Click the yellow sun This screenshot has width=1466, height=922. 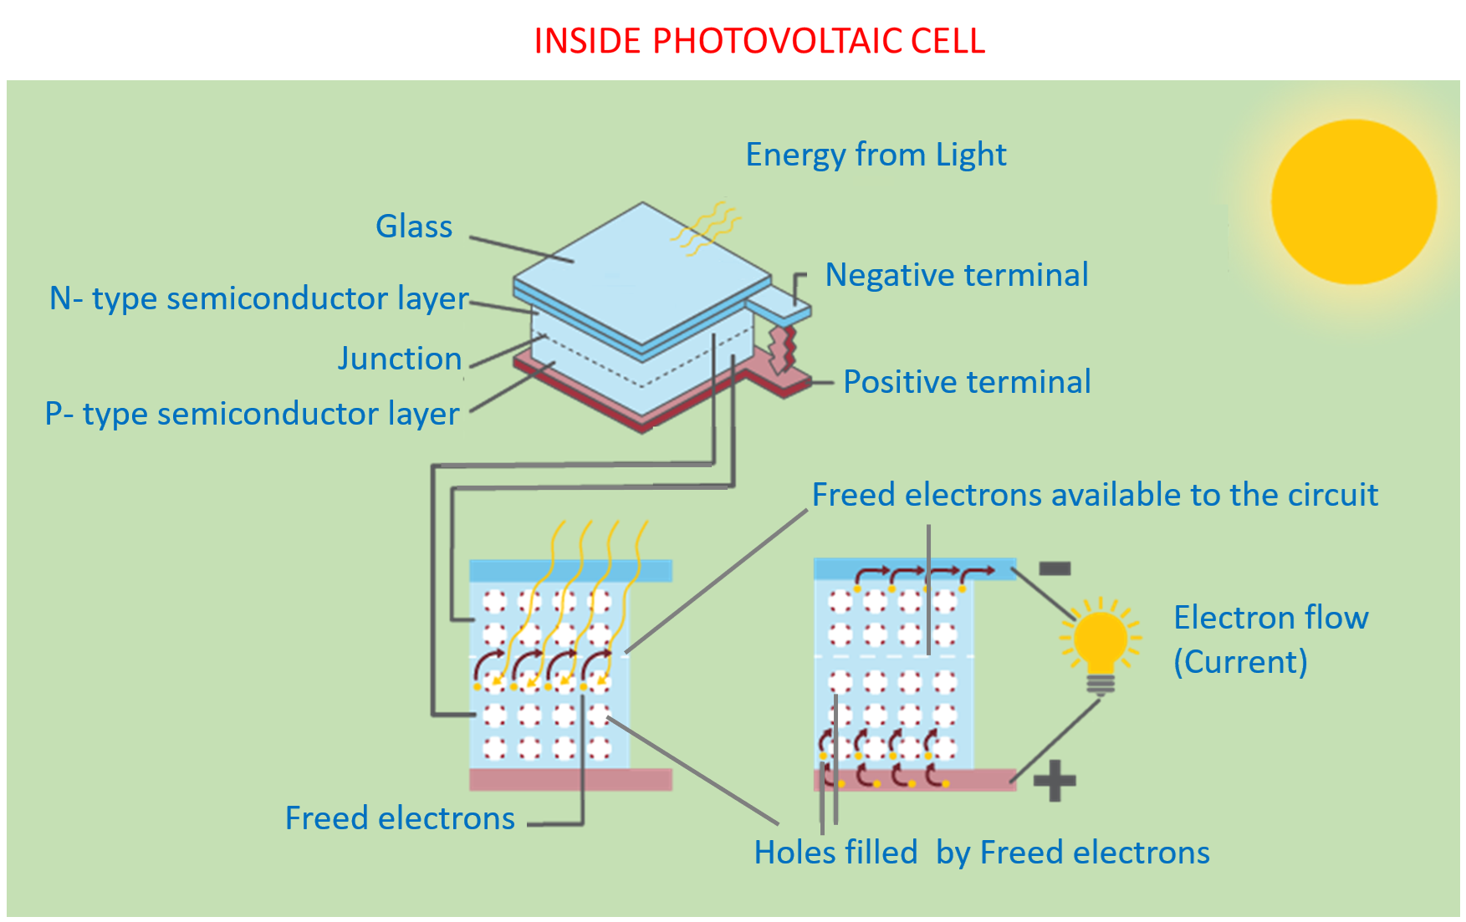(1353, 201)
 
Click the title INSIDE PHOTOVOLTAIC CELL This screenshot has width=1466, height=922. (759, 41)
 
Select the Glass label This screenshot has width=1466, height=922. (414, 227)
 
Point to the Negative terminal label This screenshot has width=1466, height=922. (957, 275)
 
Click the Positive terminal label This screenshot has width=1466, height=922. (967, 382)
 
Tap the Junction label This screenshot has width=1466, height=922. (400, 359)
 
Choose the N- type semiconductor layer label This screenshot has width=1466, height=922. (259, 298)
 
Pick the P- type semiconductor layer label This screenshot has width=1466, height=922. (253, 414)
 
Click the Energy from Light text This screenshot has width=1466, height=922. (876, 155)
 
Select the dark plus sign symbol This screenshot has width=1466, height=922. (1055, 781)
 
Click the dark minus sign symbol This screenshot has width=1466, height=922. (1055, 569)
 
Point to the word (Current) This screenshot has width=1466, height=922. (1240, 662)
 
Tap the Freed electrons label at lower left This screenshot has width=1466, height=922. (400, 818)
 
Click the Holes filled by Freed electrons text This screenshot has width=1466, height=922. (982, 853)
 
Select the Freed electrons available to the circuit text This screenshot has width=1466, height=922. (1095, 495)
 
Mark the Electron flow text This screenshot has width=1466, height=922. (1270, 618)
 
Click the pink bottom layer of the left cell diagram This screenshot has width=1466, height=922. (570, 780)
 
